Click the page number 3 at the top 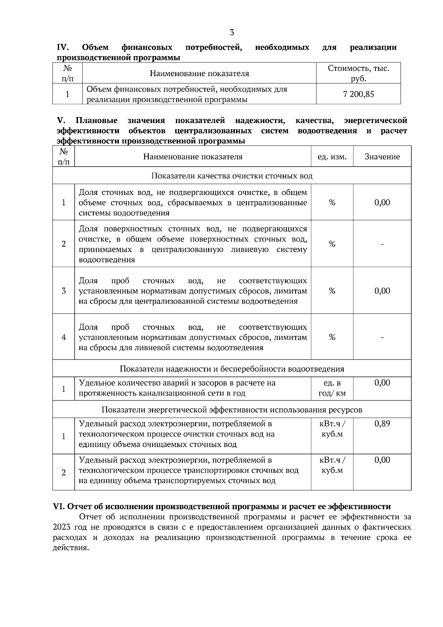232,32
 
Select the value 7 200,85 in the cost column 358,94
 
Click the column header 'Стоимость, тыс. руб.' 358,73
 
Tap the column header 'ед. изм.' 332,157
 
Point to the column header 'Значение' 382,157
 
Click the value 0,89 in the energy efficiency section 382,424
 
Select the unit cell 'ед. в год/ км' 332,388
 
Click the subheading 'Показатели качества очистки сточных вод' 232,176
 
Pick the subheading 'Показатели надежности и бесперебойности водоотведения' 232,369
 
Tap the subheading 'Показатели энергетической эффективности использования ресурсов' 232,410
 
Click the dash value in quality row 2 382,244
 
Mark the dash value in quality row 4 382,337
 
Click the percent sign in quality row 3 332,291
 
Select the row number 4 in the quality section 63,337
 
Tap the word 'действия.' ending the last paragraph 71,548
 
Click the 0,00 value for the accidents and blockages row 382,383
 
